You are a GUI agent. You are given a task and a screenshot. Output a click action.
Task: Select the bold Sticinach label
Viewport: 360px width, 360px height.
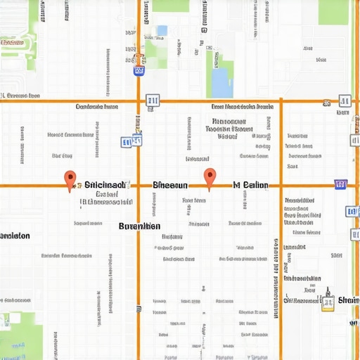tap(105, 185)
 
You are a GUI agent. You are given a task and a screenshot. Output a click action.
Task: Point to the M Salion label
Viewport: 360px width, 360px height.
tap(250, 185)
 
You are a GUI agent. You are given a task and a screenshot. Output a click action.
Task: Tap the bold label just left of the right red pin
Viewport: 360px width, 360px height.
tap(170, 185)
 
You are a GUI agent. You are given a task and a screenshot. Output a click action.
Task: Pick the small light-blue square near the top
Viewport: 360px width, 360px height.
tap(162, 30)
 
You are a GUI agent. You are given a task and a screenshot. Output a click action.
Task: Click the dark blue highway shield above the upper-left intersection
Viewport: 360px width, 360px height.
tap(139, 70)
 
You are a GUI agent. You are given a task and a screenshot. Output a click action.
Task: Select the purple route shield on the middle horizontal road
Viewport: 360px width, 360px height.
tap(341, 185)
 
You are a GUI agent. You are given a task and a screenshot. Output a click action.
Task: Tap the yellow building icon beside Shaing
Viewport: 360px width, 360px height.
tap(328, 301)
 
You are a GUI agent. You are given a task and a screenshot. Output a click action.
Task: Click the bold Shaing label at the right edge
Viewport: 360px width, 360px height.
tap(349, 301)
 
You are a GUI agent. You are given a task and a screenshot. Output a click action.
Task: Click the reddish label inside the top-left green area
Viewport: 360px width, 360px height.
tap(12, 42)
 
